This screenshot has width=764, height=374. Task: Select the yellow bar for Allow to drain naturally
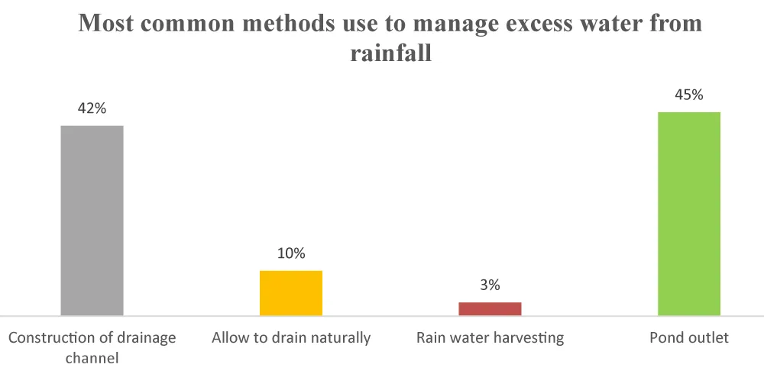pos(291,292)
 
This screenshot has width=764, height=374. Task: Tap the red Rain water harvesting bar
pos(490,308)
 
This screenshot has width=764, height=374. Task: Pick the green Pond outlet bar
pos(689,214)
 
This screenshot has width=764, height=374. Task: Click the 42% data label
pos(92,108)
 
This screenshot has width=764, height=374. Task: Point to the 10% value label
pos(291,253)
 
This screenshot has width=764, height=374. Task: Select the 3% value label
pos(490,285)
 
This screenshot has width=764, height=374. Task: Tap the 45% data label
pos(689,95)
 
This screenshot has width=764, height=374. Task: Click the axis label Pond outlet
pos(689,337)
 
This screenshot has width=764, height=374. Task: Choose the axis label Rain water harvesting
pos(490,337)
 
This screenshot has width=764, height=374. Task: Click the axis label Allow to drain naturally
pos(291,337)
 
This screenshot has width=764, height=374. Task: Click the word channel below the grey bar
pos(92,356)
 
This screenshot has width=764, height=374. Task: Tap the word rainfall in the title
pos(390,55)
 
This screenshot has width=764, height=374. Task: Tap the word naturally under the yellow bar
pos(340,337)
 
